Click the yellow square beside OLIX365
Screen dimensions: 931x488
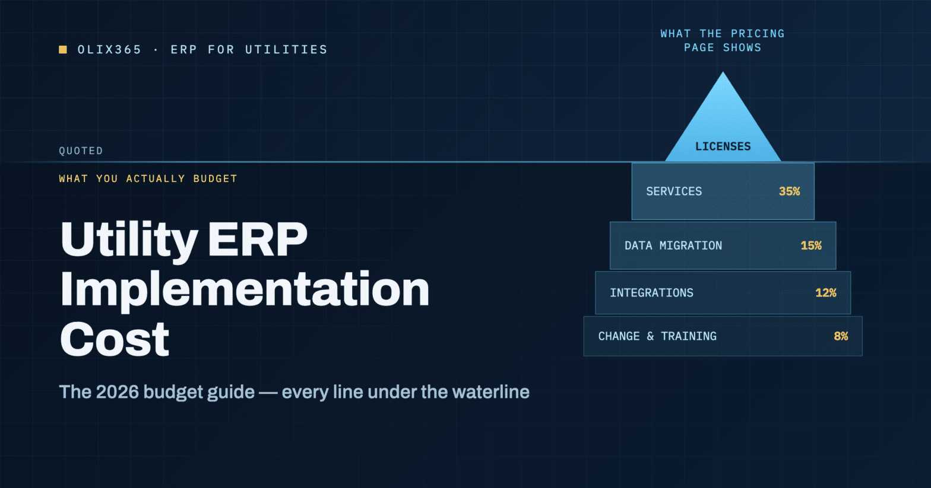[x=63, y=50]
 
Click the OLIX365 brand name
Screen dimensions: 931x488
[x=110, y=50]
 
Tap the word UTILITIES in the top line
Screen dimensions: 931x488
[x=286, y=50]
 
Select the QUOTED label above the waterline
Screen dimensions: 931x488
[x=81, y=151]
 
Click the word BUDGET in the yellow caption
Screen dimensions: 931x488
[x=216, y=179]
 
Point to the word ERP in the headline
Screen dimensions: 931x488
[x=258, y=239]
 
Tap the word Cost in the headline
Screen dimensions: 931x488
[x=115, y=339]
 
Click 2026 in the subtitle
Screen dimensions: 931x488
[x=118, y=392]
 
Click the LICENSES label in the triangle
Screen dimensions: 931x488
[x=723, y=146]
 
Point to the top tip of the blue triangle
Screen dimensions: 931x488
[x=723, y=72]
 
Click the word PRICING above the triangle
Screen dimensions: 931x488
[x=758, y=34]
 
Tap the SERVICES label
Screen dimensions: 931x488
[x=674, y=192]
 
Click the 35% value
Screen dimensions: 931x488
[x=789, y=192]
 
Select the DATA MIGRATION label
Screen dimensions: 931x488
[x=673, y=245]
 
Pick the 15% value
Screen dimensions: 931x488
[x=811, y=245]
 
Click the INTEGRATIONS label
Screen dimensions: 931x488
[x=652, y=293]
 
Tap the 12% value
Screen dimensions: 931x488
[x=826, y=293]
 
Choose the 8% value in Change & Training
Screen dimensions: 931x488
[x=841, y=336]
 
